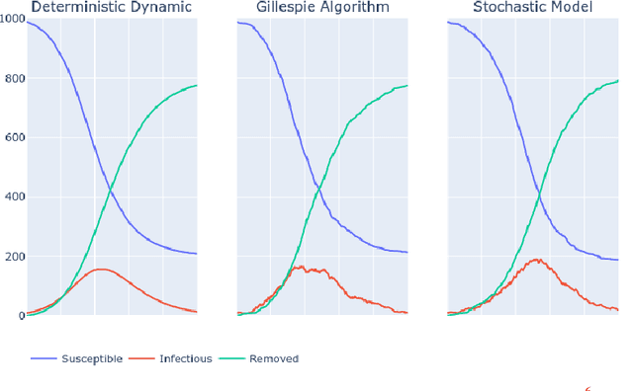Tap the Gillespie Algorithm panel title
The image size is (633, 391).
[322, 8]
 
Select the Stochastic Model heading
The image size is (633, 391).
[533, 8]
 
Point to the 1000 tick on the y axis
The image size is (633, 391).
[11, 21]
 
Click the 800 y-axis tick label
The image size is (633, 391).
[13, 79]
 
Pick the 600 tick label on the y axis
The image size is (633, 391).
[13, 138]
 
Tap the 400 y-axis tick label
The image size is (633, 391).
[13, 197]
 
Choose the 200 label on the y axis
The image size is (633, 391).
[13, 257]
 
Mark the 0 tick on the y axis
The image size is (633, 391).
[19, 316]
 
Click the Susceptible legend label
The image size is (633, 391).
[91, 359]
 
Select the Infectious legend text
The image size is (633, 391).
[185, 359]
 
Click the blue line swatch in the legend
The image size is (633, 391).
[44, 359]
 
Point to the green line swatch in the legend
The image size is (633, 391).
[231, 359]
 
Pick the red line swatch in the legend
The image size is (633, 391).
[142, 359]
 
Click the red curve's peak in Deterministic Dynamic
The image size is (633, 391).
[101, 269]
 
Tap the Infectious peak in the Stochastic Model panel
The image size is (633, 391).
[537, 260]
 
